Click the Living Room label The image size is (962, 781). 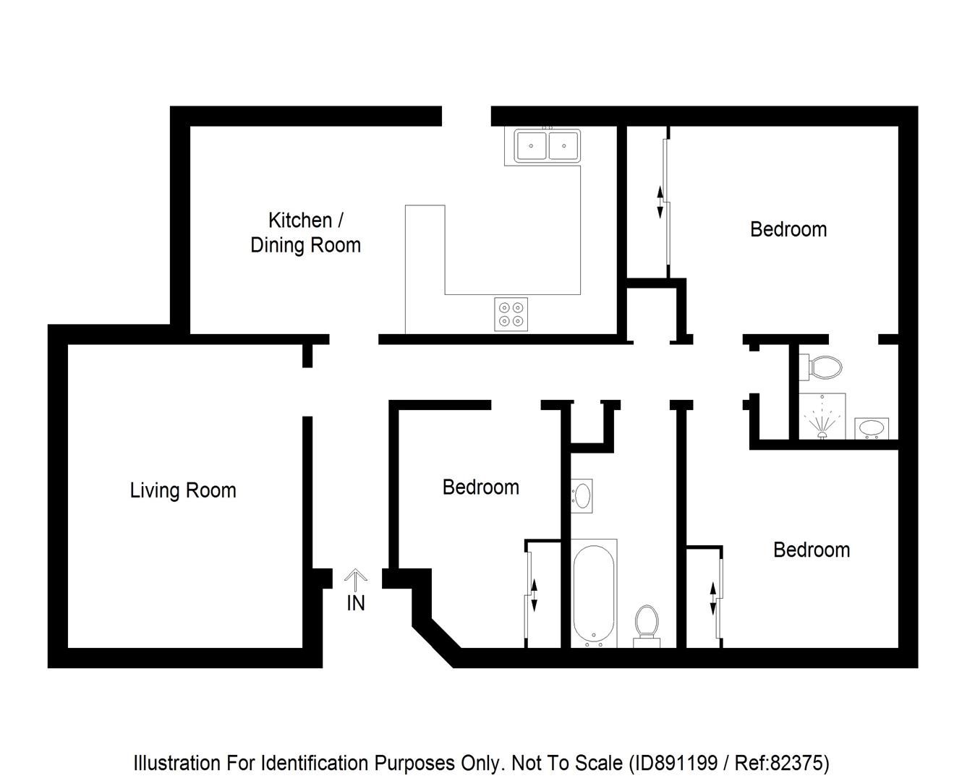(183, 490)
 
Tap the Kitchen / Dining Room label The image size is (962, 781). (305, 232)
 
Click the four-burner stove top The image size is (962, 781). (511, 314)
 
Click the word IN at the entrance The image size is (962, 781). (355, 603)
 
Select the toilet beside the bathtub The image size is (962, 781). (646, 624)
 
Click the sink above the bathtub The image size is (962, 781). (582, 496)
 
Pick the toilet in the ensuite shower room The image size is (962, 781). (822, 367)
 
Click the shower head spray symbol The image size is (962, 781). (822, 422)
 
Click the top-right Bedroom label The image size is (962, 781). (788, 229)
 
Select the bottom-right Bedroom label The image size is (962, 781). (812, 550)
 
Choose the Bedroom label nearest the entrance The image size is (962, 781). (481, 487)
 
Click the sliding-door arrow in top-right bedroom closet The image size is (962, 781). (660, 202)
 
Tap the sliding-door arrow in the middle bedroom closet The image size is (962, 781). (535, 594)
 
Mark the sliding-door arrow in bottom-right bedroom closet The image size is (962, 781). (713, 598)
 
